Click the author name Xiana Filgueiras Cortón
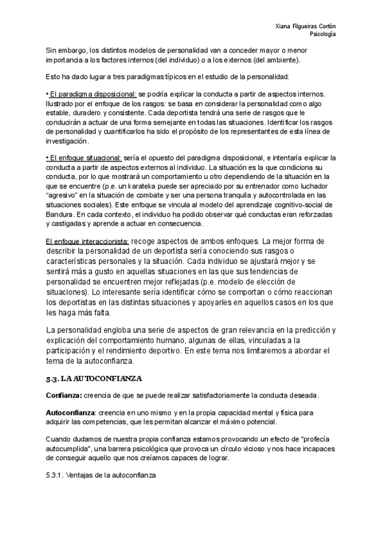click(x=306, y=25)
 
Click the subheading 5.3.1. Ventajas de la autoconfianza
click(x=100, y=477)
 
